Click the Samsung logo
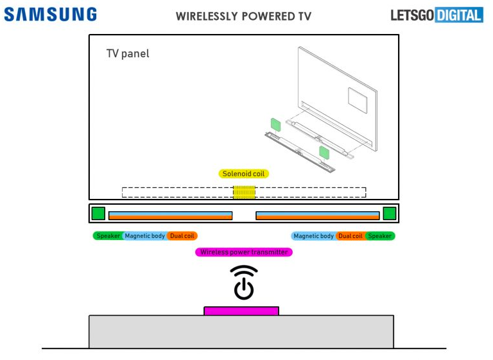coord(50,15)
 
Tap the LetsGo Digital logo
coord(437,15)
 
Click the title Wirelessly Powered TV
coord(243,16)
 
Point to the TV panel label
coord(128,54)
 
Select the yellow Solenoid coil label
coord(243,174)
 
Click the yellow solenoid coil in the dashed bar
coord(244,192)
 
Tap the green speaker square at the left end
coord(98,213)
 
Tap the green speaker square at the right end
coord(389,213)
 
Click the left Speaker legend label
coord(108,236)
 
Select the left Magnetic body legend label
coord(144,236)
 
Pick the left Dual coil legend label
coord(182,236)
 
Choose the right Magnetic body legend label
coord(313,236)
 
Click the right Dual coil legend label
coord(350,236)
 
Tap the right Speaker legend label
coord(380,236)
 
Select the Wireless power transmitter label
coord(244,252)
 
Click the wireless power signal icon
coord(244,282)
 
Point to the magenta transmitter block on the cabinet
coord(241,311)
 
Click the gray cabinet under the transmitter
coord(241,332)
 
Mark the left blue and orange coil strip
coord(170,216)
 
